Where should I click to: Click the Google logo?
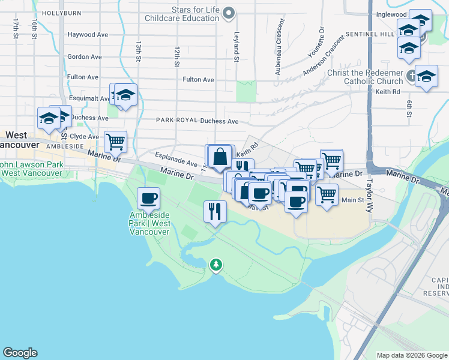20,353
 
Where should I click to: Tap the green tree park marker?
215,264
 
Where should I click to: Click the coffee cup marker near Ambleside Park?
148,197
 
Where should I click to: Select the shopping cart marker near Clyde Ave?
115,142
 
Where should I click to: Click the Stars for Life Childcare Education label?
182,14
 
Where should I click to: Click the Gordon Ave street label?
85,57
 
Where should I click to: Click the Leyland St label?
237,47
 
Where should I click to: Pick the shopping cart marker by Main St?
327,194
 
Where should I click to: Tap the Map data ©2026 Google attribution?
412,355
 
